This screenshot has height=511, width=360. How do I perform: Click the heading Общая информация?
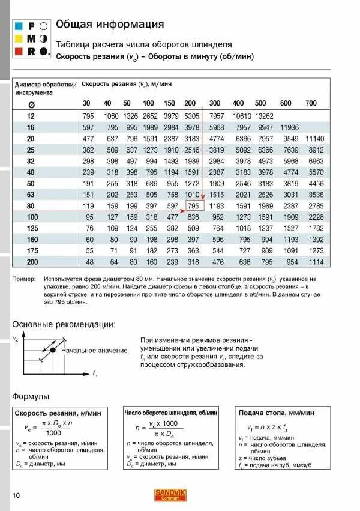109,25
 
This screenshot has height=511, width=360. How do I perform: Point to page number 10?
17,495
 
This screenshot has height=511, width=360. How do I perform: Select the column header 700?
310,103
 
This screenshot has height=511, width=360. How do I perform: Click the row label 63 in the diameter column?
31,195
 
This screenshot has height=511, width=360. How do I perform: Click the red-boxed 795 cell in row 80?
193,205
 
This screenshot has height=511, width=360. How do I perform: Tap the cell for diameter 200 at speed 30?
89,262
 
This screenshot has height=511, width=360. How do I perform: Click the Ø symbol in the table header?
31,104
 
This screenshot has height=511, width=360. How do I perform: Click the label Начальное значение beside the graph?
94,351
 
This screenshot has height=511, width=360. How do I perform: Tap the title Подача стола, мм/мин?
276,413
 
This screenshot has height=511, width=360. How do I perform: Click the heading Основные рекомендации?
64,324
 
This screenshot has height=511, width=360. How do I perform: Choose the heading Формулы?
31,396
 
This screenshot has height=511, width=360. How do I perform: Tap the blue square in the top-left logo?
17,26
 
